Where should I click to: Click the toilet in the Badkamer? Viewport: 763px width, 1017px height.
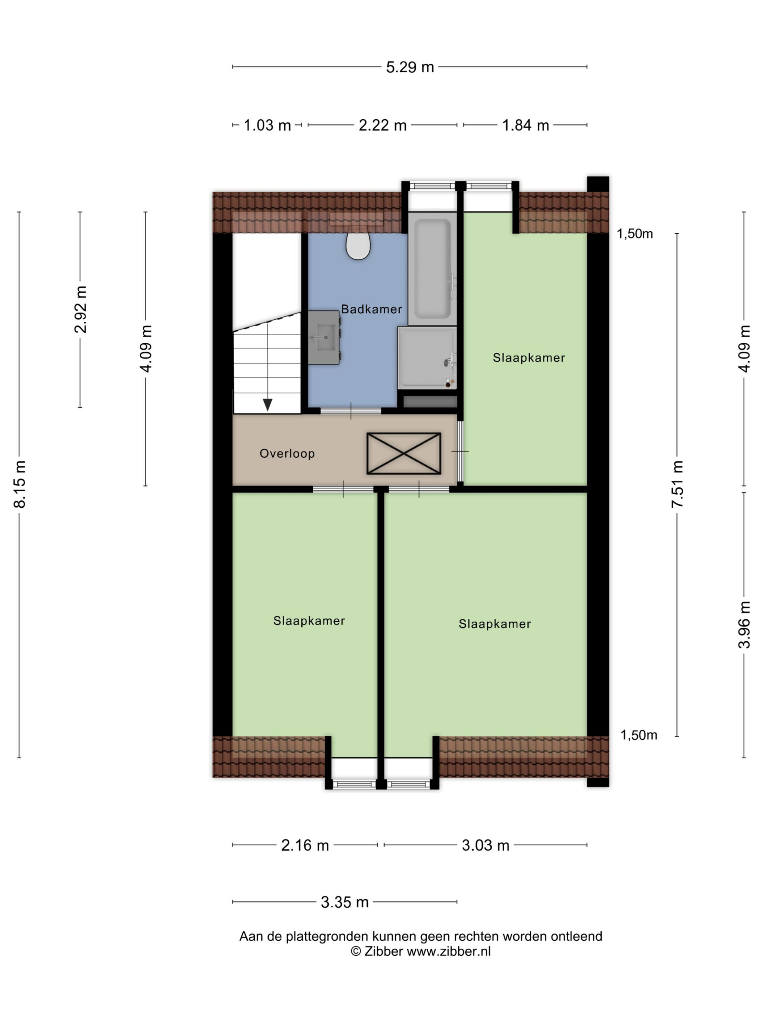click(x=358, y=245)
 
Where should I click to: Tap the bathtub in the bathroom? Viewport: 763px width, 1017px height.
click(x=432, y=268)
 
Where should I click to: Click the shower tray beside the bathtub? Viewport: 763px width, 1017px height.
click(x=427, y=358)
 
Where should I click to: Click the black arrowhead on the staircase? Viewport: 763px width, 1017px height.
click(x=267, y=404)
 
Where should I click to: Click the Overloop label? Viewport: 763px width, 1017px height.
click(x=287, y=453)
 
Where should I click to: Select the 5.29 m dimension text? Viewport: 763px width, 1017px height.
click(x=410, y=67)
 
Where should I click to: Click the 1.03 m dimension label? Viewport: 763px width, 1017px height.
click(x=267, y=125)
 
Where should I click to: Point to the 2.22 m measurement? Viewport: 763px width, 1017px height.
click(x=383, y=125)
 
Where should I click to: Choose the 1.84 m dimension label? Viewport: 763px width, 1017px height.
click(x=526, y=125)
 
